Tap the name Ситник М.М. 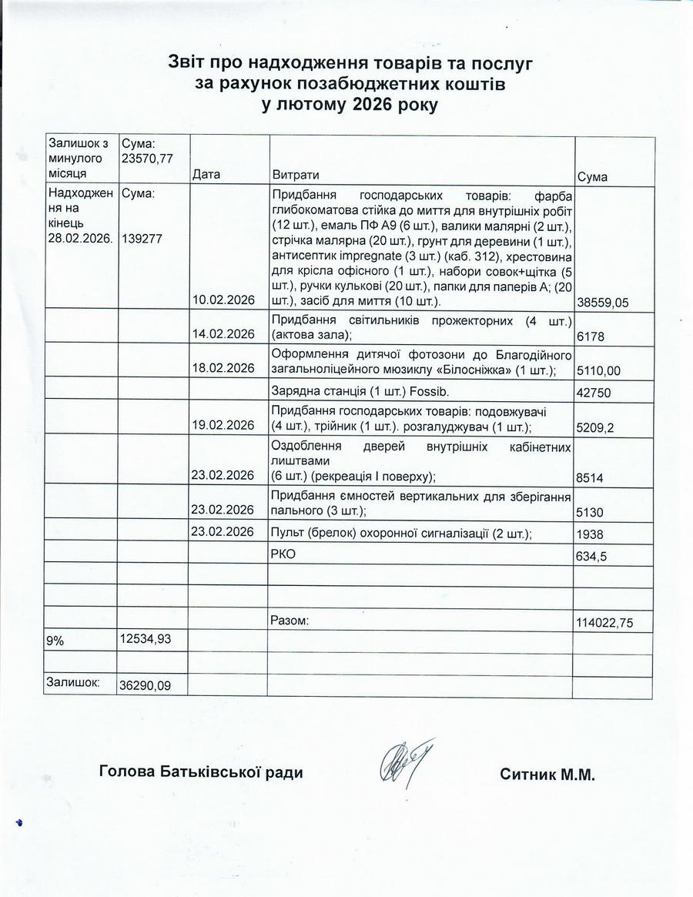pos(547,774)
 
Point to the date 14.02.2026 pos(223,333)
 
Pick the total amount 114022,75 pos(604,623)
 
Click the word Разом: pos(290,620)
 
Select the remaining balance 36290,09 pos(146,684)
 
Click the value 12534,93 pos(146,638)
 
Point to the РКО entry pos(283,554)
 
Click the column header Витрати pos(296,175)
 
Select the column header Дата pos(206,175)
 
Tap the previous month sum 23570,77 pos(147,159)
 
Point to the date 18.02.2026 pos(223,369)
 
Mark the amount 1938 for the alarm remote pos(589,534)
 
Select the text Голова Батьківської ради pos(201,772)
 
